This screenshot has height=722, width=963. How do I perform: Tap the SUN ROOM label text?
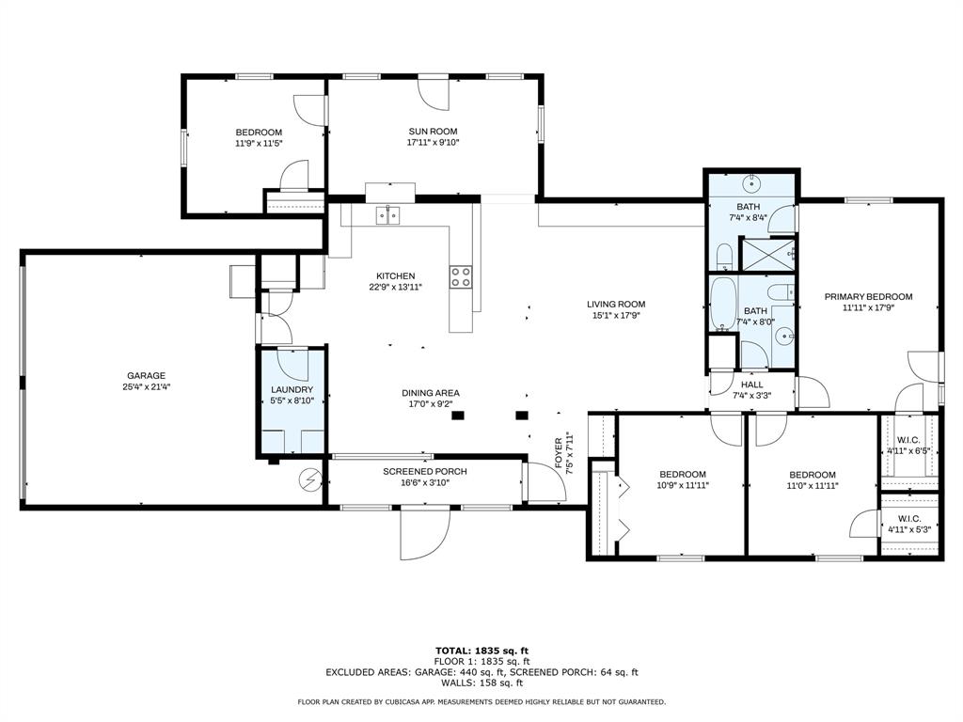(433, 132)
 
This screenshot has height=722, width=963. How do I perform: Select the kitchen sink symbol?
(388, 216)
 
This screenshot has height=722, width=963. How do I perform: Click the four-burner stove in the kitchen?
(461, 276)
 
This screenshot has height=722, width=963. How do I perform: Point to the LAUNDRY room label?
(292, 389)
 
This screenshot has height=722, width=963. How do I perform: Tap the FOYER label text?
(559, 453)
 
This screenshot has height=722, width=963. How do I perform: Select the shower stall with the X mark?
(767, 253)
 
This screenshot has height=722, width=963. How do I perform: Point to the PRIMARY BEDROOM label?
(868, 297)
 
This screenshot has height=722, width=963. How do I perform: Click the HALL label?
(752, 385)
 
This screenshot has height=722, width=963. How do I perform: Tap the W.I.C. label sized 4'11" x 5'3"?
(909, 519)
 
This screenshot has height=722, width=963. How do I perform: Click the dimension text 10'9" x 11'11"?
(683, 486)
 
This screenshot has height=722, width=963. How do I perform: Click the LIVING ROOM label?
(616, 304)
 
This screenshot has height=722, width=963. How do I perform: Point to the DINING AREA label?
(431, 393)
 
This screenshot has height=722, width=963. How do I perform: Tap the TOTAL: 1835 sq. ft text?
(481, 651)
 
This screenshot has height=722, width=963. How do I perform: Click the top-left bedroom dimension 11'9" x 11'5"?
(259, 144)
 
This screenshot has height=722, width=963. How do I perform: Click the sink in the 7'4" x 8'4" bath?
(753, 182)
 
